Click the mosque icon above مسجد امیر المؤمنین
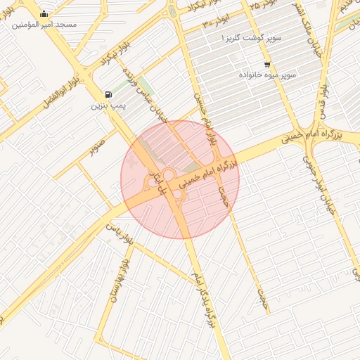point(44,13)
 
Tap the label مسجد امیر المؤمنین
point(44,25)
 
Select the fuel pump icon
point(107,94)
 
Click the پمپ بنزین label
point(107,106)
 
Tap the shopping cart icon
point(266,64)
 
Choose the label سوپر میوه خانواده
point(266,74)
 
